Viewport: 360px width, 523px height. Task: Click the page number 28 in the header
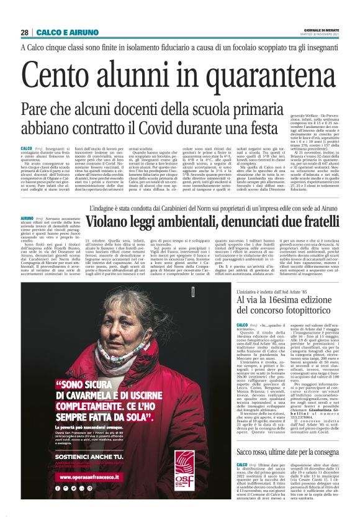point(24,32)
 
